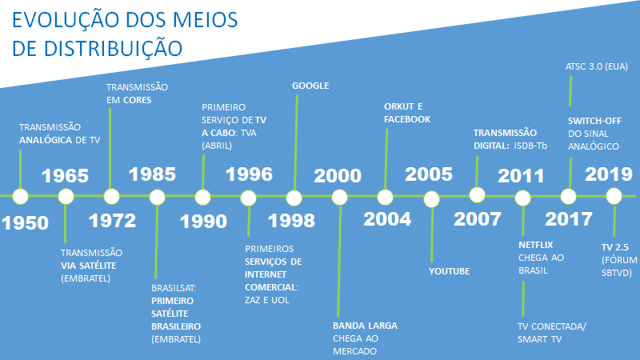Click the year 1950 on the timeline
[x=26, y=223]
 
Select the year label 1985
[x=152, y=174]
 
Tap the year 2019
[x=609, y=174]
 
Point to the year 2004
[x=387, y=219]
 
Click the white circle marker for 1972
[x=111, y=197]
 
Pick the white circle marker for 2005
[x=431, y=199]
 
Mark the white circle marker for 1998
[x=294, y=198]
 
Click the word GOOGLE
[x=310, y=86]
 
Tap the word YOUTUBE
[x=450, y=271]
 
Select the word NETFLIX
[x=535, y=245]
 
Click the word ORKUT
[x=399, y=106]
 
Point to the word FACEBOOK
[x=407, y=119]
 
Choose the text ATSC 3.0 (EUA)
[x=597, y=66]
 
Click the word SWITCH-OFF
[x=594, y=121]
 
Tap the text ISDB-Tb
[x=530, y=146]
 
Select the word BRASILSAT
[x=173, y=288]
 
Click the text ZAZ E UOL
[x=267, y=300]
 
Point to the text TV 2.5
[x=615, y=247]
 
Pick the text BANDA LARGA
[x=365, y=326]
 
